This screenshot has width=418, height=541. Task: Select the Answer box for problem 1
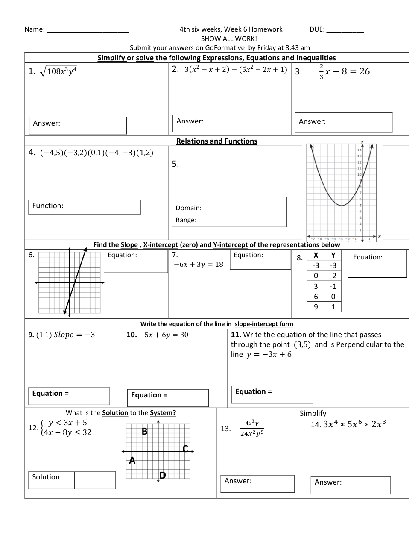[x=78, y=125]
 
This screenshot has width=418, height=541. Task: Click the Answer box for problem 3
[x=343, y=123]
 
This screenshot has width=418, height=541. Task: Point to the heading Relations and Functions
[x=217, y=141]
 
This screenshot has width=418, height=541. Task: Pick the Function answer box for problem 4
[x=84, y=207]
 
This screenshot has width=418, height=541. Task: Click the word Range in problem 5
[x=186, y=220]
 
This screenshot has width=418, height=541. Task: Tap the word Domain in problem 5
[x=189, y=208]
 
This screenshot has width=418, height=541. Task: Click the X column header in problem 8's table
[x=316, y=255]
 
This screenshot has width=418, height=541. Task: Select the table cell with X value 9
[x=316, y=307]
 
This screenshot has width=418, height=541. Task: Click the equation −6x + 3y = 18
[x=198, y=265]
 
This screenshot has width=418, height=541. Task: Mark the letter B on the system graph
[x=144, y=432]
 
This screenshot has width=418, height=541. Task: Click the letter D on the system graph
[x=163, y=475]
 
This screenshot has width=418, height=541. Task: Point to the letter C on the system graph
[x=185, y=449]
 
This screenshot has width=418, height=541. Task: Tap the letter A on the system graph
[x=132, y=460]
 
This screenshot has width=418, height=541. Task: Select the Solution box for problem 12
[x=95, y=480]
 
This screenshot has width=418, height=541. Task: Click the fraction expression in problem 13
[x=252, y=428]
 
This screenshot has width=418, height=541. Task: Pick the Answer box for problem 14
[x=351, y=485]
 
